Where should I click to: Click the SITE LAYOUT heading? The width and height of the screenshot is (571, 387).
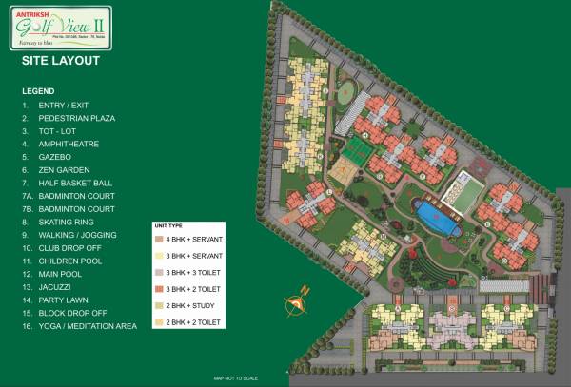[x=60, y=61]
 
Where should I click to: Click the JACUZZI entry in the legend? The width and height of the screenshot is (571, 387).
[x=56, y=286]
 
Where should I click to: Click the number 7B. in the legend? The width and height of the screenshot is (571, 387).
[x=28, y=208]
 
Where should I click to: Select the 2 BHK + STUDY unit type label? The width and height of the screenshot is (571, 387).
[x=196, y=307]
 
